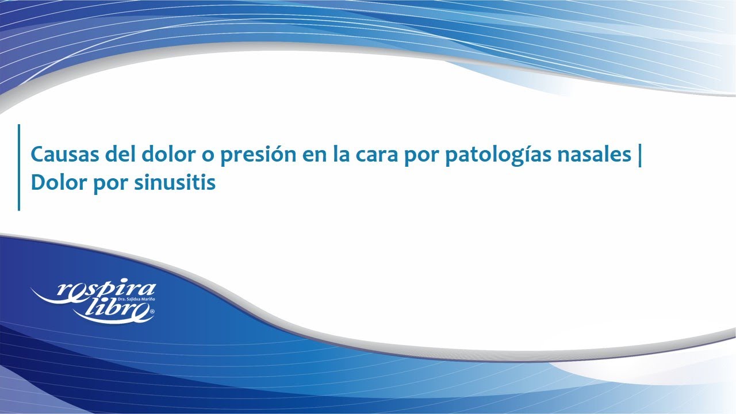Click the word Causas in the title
(x=65, y=154)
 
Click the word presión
(x=258, y=155)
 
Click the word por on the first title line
(x=422, y=157)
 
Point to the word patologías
(x=498, y=155)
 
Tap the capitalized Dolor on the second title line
(x=59, y=182)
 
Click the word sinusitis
(x=175, y=182)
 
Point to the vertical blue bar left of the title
(x=19, y=167)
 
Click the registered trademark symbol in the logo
(x=152, y=310)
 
